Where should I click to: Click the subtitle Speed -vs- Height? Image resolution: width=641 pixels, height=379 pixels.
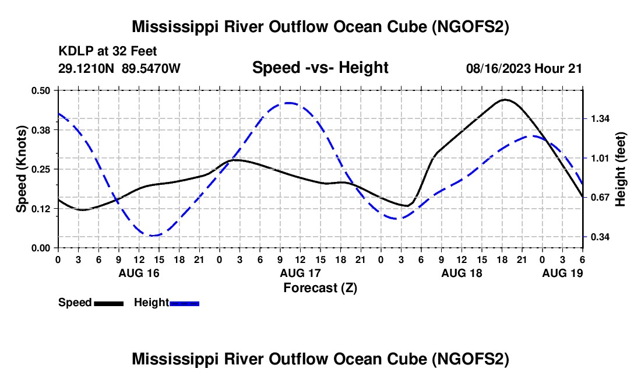(320, 68)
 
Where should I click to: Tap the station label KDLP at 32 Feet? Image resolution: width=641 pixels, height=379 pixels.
(108, 51)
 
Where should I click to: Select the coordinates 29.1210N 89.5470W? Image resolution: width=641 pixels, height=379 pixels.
(119, 68)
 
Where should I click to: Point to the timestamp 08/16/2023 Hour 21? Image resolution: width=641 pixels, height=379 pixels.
(524, 68)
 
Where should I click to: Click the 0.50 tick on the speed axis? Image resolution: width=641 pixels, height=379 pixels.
(40, 90)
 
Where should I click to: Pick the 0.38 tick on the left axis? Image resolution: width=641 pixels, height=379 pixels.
(40, 130)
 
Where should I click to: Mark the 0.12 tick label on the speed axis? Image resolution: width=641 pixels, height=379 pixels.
(40, 209)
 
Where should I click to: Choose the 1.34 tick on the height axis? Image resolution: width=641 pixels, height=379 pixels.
(600, 118)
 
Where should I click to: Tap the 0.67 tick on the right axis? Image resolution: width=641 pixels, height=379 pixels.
(600, 198)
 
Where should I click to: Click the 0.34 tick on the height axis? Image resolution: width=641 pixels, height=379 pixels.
(600, 237)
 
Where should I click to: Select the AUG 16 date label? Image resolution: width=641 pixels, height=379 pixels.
(139, 273)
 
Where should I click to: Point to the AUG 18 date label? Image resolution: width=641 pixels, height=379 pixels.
(462, 273)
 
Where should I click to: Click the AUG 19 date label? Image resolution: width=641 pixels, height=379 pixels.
(562, 273)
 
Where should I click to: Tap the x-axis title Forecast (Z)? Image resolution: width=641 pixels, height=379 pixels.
(320, 288)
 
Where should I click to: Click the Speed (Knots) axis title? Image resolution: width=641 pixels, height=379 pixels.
(22, 169)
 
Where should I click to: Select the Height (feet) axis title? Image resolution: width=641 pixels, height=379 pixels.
(620, 169)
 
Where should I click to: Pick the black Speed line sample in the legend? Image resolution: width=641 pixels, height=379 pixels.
(109, 303)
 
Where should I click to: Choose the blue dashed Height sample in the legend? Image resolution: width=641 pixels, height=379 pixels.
(184, 303)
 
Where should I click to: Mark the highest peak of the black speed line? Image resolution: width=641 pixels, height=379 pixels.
(505, 99)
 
